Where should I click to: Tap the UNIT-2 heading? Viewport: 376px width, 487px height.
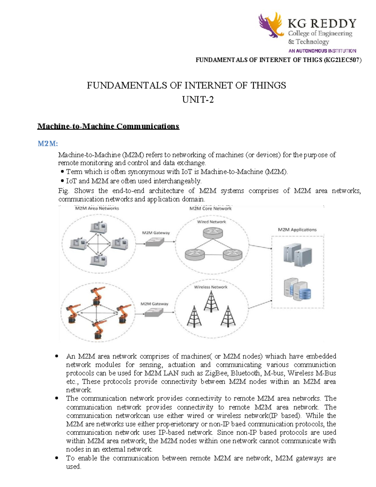pyautogui.click(x=198, y=100)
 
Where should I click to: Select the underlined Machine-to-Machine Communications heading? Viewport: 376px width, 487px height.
pyautogui.click(x=108, y=126)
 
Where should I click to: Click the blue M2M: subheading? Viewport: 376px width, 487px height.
pyautogui.click(x=48, y=144)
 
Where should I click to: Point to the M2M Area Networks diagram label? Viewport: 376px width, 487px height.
pyautogui.click(x=97, y=208)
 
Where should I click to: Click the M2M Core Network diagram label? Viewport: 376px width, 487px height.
pyautogui.click(x=210, y=209)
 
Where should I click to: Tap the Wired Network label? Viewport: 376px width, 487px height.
pyautogui.click(x=211, y=222)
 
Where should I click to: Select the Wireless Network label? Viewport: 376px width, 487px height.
pyautogui.click(x=211, y=287)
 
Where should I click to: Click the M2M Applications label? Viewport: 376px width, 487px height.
pyautogui.click(x=297, y=230)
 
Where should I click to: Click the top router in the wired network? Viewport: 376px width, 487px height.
pyautogui.click(x=212, y=233)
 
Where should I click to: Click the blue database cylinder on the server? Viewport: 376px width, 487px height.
pyautogui.click(x=305, y=294)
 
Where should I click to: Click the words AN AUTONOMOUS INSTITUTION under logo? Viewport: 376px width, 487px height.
pyautogui.click(x=322, y=51)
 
